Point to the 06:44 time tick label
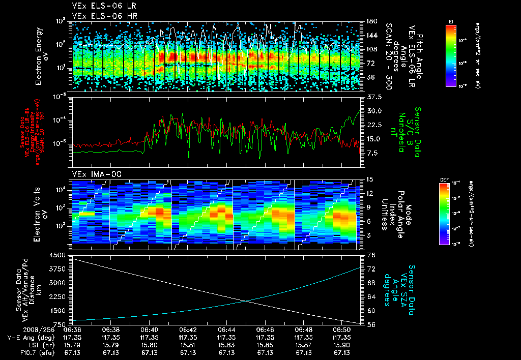[x=226, y=329]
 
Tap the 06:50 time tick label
[x=342, y=329]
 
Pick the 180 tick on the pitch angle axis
[x=370, y=21]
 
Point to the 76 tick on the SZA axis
[x=371, y=255]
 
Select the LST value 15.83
[x=226, y=345]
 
